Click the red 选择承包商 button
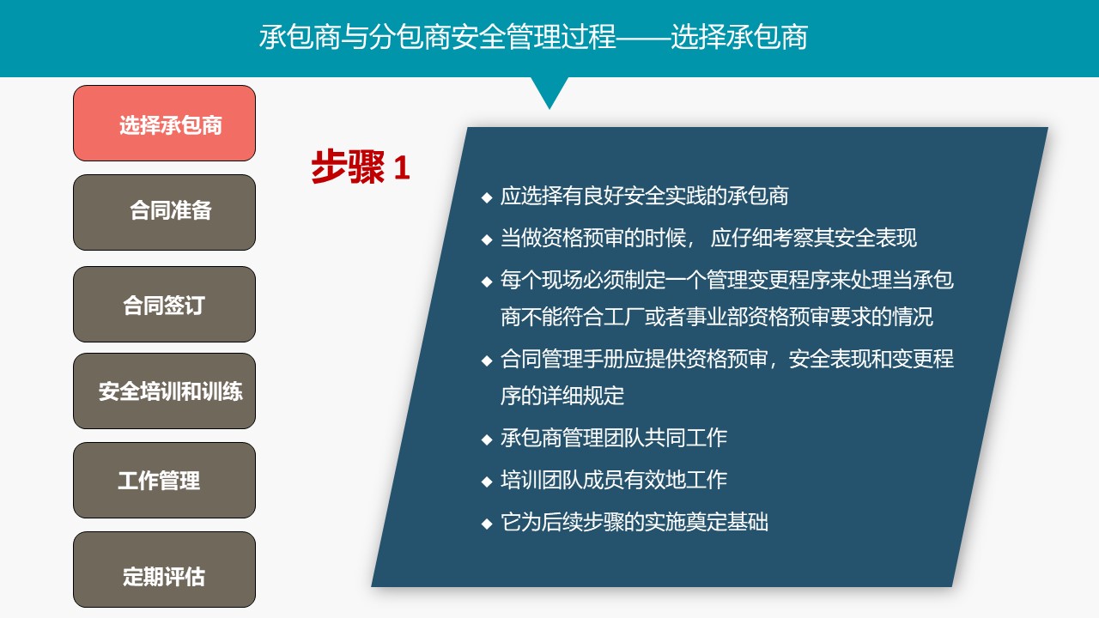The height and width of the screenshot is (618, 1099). click(164, 123)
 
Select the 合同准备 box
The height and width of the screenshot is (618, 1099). click(164, 212)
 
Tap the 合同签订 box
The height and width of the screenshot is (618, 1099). click(164, 304)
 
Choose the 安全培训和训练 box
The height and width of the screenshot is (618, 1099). click(164, 391)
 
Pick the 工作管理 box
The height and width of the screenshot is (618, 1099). click(164, 480)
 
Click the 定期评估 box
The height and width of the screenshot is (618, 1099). click(164, 569)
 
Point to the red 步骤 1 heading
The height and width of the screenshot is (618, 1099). click(360, 167)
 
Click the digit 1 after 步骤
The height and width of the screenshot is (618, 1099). click(402, 167)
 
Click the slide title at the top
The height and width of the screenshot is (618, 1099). click(533, 37)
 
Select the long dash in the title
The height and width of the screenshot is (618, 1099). click(643, 36)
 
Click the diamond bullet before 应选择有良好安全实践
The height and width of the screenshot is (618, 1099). click(487, 197)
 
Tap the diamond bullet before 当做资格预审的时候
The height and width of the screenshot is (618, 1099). click(487, 239)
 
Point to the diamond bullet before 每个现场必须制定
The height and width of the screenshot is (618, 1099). click(487, 282)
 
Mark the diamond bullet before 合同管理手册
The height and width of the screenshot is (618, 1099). click(487, 361)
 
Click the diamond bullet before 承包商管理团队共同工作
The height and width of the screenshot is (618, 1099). click(487, 439)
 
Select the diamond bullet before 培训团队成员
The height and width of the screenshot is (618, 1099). click(487, 482)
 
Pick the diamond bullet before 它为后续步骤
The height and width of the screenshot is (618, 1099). click(487, 524)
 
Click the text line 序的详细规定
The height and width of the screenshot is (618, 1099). click(562, 396)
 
